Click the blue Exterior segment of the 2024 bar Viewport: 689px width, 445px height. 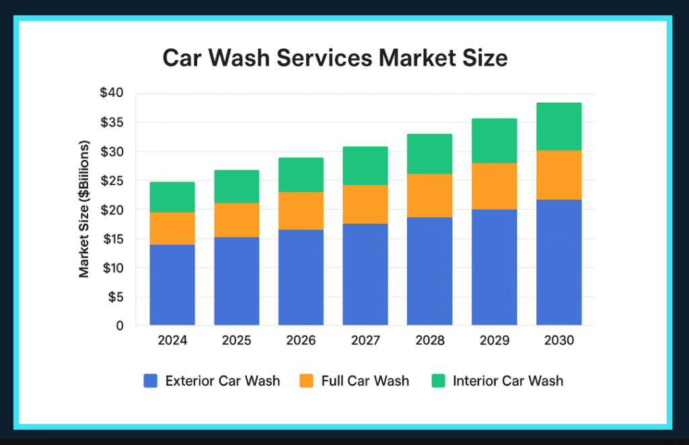[172, 285]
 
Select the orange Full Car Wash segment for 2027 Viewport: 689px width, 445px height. [365, 204]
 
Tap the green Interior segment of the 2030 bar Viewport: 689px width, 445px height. [558, 126]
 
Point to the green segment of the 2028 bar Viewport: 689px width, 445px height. [429, 154]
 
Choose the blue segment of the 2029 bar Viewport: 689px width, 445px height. [494, 268]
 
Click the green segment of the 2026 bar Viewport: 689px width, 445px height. [301, 175]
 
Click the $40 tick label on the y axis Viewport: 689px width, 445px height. [112, 93]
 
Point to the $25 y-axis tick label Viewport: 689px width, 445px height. [112, 181]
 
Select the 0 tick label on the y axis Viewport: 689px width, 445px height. [120, 326]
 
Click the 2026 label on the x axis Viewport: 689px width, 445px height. [301, 341]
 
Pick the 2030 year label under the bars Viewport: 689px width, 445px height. [558, 341]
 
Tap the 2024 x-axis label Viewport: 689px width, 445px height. [172, 341]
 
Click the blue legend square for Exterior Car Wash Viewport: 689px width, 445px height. [150, 381]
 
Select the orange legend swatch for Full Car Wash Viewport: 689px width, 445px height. [306, 381]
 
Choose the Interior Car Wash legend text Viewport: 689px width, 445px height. [508, 381]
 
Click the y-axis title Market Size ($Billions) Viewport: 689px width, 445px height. [85, 209]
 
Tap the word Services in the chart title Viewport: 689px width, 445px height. [323, 58]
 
